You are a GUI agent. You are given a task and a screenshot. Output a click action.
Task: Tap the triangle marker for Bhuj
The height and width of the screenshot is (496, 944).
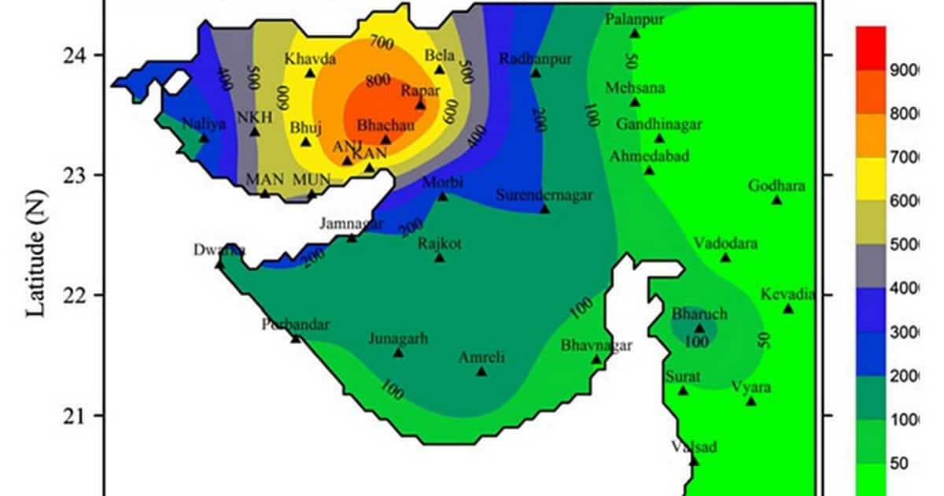pos(306,142)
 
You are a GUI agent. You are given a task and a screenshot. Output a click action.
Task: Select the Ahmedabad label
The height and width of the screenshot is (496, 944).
pos(649,156)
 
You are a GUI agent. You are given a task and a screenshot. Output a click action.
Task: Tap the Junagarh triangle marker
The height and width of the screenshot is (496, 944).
pos(398,353)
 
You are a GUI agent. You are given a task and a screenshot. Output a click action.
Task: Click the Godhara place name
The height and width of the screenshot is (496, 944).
pos(776,186)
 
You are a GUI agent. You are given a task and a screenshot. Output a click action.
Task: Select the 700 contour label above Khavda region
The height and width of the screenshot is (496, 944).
pos(380,42)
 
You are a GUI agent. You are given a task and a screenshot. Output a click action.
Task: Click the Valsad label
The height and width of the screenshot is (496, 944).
pos(694,447)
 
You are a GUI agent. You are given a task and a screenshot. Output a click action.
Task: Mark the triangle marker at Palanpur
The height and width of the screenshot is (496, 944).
pos(635,34)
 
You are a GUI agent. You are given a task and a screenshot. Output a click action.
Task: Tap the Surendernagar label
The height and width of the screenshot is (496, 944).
pos(544,195)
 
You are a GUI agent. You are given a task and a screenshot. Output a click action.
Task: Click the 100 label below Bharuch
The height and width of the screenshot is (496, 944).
pos(695,342)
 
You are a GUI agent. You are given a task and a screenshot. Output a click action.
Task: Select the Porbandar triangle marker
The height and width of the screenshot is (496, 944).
pos(296,339)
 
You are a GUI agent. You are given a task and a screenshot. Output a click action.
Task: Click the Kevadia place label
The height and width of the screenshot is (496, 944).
pos(787,294)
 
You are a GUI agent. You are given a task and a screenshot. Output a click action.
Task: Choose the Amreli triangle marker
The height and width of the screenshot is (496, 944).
pos(481,372)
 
